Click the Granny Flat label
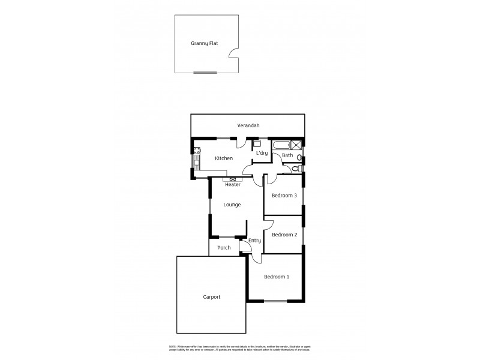point(204,43)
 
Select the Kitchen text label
point(224,158)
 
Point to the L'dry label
point(262,154)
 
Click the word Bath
point(288,155)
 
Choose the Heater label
point(232,185)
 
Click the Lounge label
point(232,205)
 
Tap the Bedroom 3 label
point(284,196)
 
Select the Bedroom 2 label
point(284,235)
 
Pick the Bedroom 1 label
point(277,277)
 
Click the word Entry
point(255,241)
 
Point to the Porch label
point(224,247)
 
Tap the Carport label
point(211,297)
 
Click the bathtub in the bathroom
point(280,145)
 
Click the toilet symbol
point(299,158)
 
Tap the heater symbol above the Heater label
point(233,179)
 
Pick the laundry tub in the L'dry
point(256,143)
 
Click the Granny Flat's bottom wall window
point(205,73)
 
